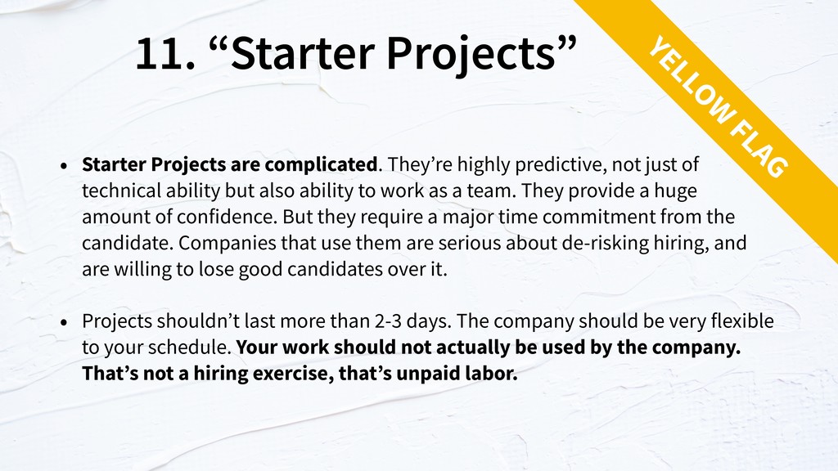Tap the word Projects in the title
click(471, 55)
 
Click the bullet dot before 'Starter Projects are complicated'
click(64, 166)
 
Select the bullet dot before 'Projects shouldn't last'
click(64, 322)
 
